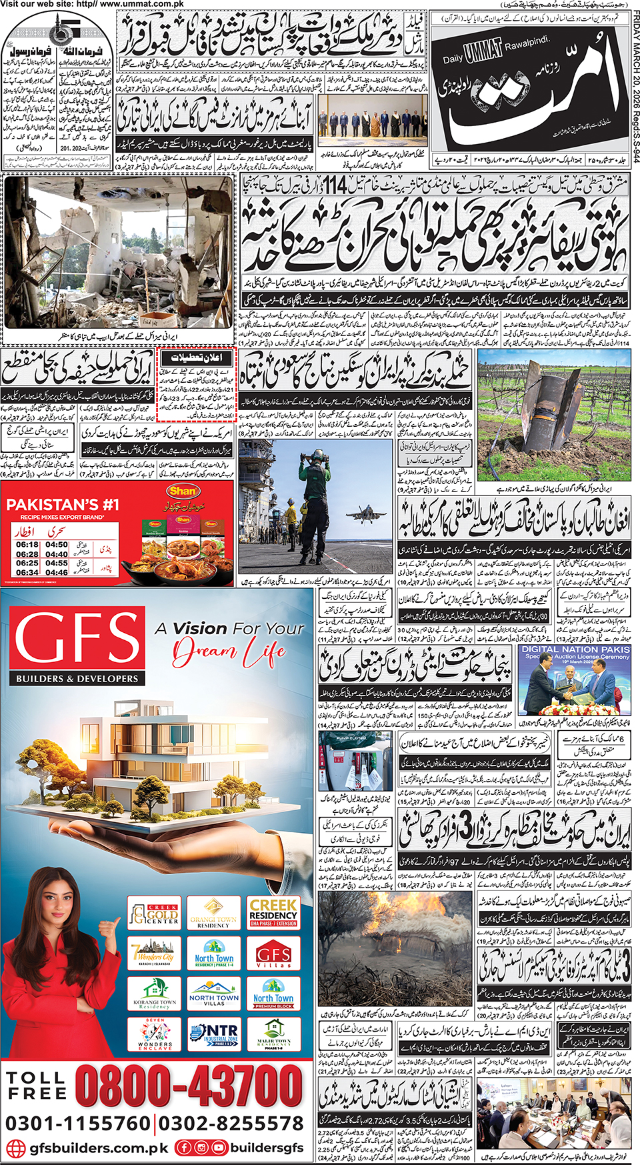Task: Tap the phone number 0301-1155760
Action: (x=78, y=1124)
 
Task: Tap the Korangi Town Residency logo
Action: (x=154, y=994)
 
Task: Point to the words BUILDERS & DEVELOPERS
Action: (x=77, y=679)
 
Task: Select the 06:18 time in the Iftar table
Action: (x=27, y=545)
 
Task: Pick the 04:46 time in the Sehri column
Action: (x=57, y=572)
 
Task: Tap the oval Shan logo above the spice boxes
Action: (x=183, y=491)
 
